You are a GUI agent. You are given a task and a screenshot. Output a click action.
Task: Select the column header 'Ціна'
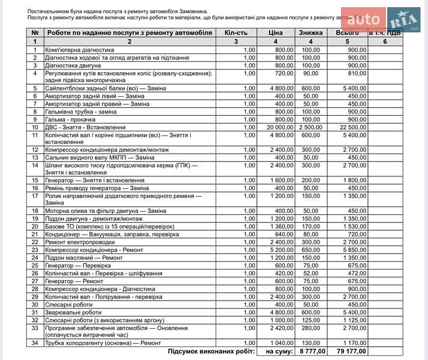(x=276, y=33)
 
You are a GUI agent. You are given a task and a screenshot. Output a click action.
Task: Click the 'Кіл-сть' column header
(x=235, y=33)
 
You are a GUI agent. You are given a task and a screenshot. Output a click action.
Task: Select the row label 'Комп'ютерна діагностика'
(x=79, y=50)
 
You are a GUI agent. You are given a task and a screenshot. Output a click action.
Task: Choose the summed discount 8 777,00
(x=311, y=352)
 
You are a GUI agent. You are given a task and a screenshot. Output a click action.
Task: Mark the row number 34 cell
(x=35, y=343)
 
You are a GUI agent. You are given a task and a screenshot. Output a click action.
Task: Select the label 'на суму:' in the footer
(x=277, y=352)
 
